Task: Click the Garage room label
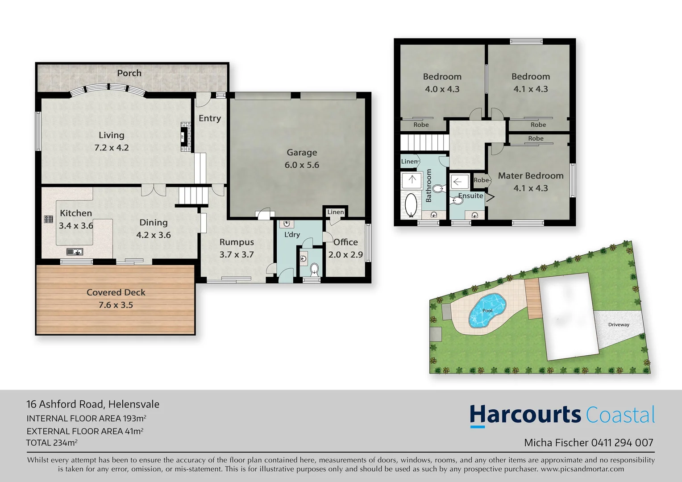(302, 153)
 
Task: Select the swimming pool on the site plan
(487, 310)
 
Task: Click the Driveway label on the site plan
(619, 324)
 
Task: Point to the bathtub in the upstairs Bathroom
(411, 205)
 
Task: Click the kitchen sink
(75, 252)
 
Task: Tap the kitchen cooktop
(48, 219)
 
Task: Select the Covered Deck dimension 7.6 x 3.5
(116, 305)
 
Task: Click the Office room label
(345, 242)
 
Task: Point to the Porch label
(129, 73)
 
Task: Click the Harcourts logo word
(525, 415)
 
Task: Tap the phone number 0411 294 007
(622, 443)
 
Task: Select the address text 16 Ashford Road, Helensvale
(93, 404)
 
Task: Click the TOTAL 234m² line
(52, 443)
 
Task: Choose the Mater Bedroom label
(530, 176)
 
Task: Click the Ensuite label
(470, 196)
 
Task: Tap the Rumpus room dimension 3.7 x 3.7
(236, 255)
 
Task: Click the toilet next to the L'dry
(314, 269)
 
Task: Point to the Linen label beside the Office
(335, 212)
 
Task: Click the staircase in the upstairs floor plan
(424, 143)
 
